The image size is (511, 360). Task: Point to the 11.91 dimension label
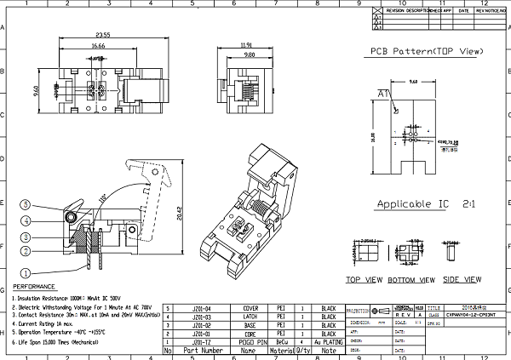coord(248,44)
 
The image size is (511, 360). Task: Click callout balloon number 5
coord(26,205)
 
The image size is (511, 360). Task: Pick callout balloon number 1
coord(26,273)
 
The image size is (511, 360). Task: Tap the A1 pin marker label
coord(384,93)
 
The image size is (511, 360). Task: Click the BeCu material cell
coord(281,341)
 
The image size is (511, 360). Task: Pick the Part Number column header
coord(202,351)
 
